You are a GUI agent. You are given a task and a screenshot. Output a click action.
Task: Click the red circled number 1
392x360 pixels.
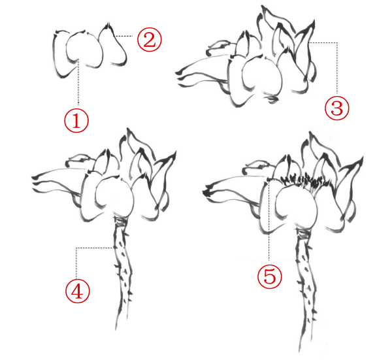tap(76, 120)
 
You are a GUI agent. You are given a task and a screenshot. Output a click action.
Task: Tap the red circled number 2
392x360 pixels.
tap(150, 39)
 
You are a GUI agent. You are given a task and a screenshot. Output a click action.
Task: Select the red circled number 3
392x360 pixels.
tap(336, 108)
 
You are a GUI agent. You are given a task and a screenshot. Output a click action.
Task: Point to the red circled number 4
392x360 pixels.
tap(77, 291)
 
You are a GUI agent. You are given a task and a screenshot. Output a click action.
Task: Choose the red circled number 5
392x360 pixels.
tap(269, 276)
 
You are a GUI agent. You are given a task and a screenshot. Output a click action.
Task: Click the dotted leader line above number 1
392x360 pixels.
tap(78, 82)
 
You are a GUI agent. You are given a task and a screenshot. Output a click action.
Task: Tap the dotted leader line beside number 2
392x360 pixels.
tap(123, 36)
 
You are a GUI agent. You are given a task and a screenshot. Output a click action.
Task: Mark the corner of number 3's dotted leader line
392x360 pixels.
tap(337, 42)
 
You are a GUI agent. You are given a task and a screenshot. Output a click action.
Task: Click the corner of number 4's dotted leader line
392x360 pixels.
tap(76, 248)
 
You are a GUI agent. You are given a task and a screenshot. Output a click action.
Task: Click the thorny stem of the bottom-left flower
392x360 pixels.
tap(123, 270)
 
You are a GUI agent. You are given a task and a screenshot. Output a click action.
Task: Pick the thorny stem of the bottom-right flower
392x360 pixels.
tap(306, 287)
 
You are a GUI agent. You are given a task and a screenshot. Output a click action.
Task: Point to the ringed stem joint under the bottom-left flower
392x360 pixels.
tap(121, 220)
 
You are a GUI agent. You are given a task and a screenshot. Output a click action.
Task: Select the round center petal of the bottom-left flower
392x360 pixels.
tap(114, 195)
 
